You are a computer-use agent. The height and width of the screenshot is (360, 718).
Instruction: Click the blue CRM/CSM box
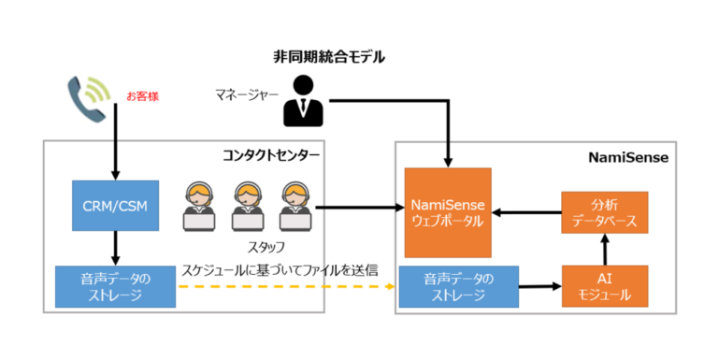pyautogui.click(x=115, y=204)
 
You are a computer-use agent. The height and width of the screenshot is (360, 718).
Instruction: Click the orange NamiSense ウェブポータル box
pyautogui.click(x=448, y=212)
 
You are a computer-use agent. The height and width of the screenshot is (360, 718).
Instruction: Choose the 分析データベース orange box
pyautogui.click(x=604, y=212)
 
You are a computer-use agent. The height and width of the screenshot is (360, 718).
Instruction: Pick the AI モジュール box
pyautogui.click(x=604, y=287)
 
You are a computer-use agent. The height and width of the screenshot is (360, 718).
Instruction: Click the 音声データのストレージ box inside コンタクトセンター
pyautogui.click(x=115, y=287)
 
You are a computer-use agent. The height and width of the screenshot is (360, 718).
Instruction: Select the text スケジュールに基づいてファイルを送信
pyautogui.click(x=280, y=269)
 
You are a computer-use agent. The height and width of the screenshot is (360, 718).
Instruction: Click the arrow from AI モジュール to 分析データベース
pyautogui.click(x=604, y=250)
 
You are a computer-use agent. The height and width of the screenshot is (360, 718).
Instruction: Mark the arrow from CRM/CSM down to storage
pyautogui.click(x=115, y=247)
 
